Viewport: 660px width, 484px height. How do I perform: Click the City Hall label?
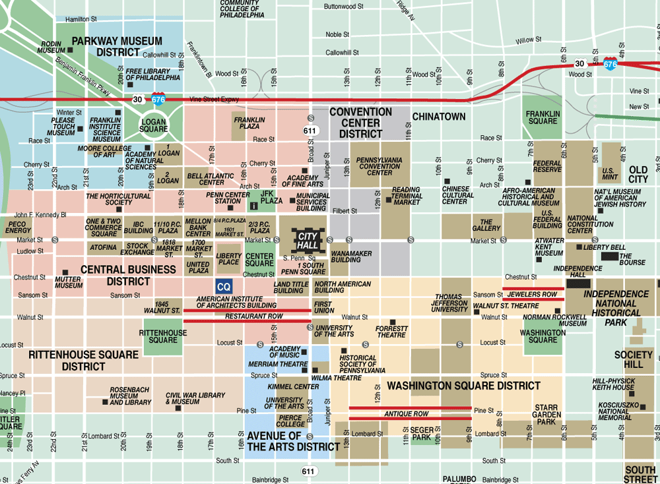tap(308, 240)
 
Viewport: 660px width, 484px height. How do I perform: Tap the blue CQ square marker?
tap(224, 287)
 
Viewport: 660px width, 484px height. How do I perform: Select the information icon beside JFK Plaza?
tap(253, 205)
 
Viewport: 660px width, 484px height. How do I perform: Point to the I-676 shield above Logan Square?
tap(158, 99)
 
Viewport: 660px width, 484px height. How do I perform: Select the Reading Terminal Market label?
tap(406, 196)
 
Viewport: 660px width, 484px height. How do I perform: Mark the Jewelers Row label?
tap(533, 294)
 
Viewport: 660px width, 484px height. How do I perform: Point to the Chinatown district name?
tap(439, 117)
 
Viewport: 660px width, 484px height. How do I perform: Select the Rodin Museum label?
tap(51, 46)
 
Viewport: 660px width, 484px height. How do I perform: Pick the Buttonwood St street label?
tap(344, 7)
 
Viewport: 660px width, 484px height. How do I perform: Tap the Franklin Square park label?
tap(543, 117)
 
